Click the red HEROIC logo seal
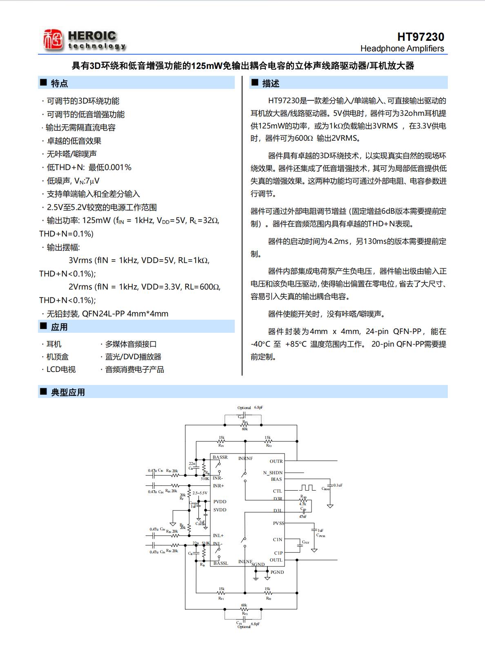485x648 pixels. (x=53, y=40)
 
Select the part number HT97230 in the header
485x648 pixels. (x=420, y=37)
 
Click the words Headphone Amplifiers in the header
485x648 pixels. (x=402, y=49)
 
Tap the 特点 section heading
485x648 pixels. (x=59, y=83)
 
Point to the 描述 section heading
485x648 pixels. (x=270, y=83)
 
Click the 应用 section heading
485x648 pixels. (x=59, y=327)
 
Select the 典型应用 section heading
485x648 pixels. (x=68, y=392)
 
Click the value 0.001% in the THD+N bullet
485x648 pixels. (x=118, y=168)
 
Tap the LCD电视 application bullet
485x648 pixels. (x=61, y=369)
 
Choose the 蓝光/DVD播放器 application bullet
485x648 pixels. (x=133, y=357)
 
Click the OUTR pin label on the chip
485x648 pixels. (x=276, y=461)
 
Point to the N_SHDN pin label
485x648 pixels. (x=273, y=473)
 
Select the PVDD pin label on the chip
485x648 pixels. (x=220, y=502)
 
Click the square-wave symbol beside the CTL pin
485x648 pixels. (x=307, y=488)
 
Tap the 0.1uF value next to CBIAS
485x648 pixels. (x=338, y=485)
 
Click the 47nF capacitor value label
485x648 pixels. (x=303, y=516)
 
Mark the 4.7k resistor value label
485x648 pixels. (x=303, y=504)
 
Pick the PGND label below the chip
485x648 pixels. (x=277, y=572)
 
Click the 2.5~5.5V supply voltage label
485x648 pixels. (x=200, y=493)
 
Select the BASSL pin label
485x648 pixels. (x=221, y=563)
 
